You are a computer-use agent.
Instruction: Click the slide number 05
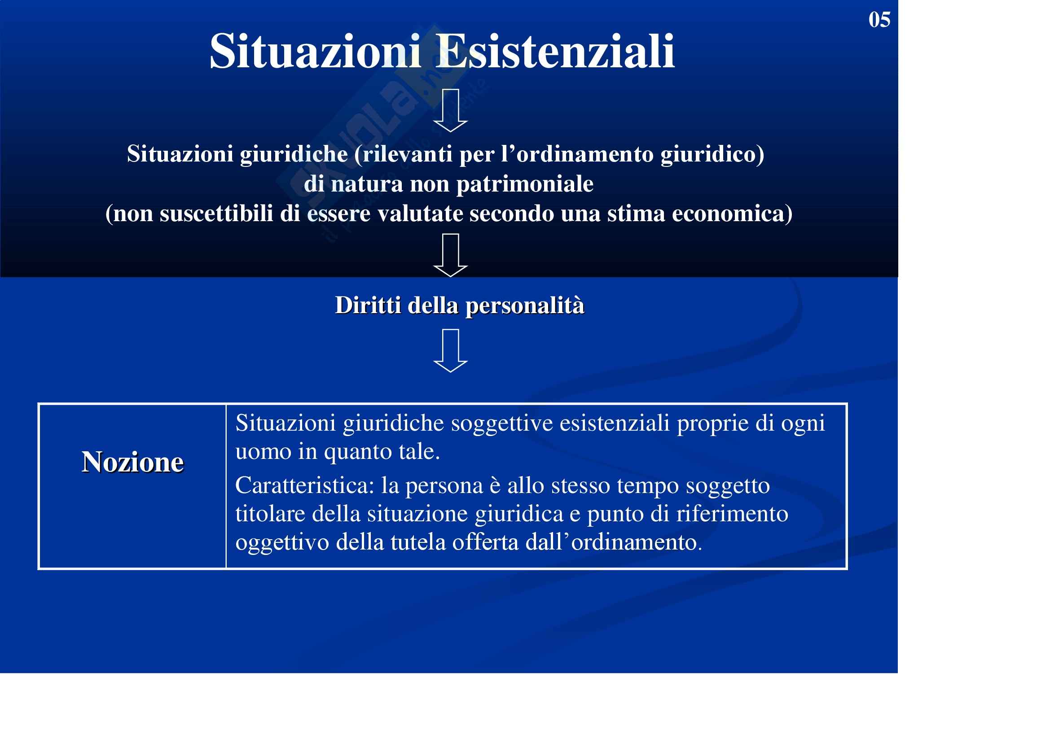(879, 20)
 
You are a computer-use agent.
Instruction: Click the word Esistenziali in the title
(554, 51)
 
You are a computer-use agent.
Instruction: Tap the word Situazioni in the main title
(315, 51)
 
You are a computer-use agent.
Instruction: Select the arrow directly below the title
(450, 110)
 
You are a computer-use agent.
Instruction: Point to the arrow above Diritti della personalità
(450, 255)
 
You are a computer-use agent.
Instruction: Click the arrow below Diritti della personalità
(450, 351)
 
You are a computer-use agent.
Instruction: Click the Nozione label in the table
(132, 462)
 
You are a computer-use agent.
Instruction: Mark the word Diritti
(368, 305)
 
